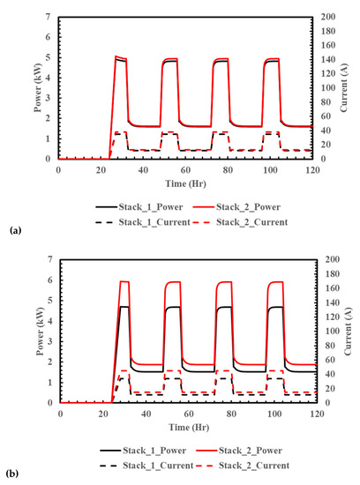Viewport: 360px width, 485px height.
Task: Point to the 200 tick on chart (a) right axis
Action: (x=326, y=18)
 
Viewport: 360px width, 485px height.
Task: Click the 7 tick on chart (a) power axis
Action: (x=49, y=18)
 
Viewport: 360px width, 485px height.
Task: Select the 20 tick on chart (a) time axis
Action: (x=100, y=168)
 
